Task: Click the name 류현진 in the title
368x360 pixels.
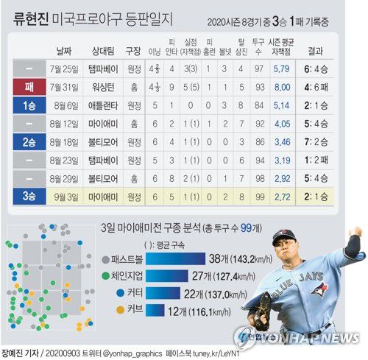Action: click(x=34, y=14)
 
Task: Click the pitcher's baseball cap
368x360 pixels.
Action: click(x=284, y=237)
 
